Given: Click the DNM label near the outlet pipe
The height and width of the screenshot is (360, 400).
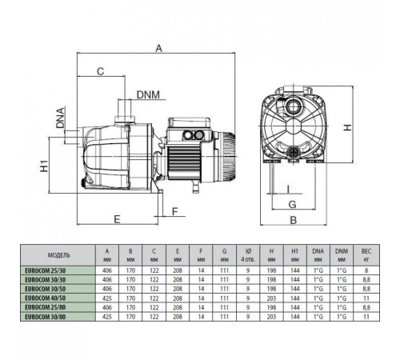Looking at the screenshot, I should point(147,95).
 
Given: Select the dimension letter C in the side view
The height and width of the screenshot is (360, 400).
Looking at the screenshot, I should point(100,72).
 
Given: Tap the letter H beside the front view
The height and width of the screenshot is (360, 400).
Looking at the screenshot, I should point(349,127).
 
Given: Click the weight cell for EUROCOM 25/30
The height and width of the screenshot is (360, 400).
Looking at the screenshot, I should point(366,270).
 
